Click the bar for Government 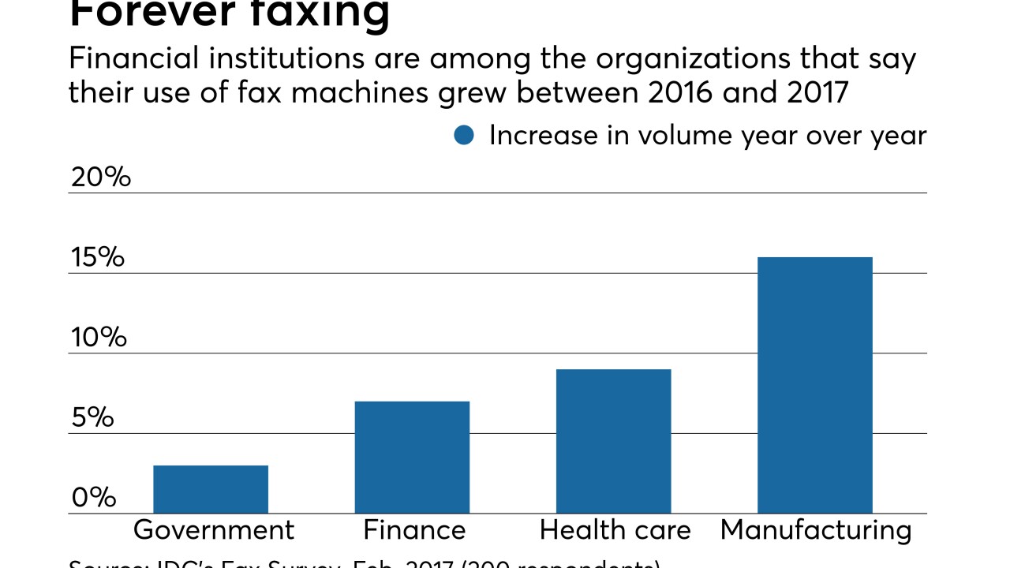(211, 489)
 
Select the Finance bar (412, 458)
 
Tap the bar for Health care (613, 441)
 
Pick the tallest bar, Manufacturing (814, 385)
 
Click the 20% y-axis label (101, 177)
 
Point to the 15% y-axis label (98, 257)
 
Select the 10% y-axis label (99, 338)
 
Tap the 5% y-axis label (93, 418)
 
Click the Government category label (214, 530)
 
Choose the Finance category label (414, 530)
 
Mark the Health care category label (615, 530)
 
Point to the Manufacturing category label (816, 530)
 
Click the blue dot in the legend (464, 136)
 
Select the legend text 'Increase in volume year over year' (708, 136)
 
